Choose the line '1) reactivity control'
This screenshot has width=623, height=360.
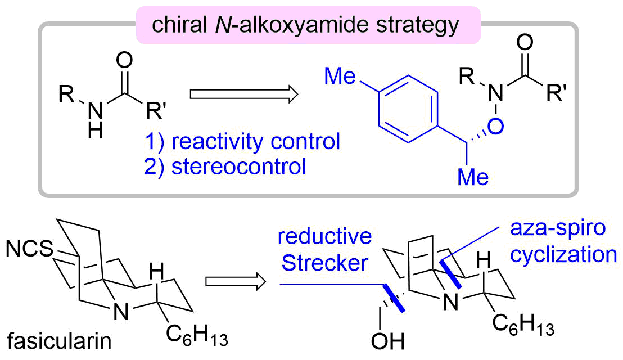point(256,141)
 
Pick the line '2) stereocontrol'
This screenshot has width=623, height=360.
point(235,166)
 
